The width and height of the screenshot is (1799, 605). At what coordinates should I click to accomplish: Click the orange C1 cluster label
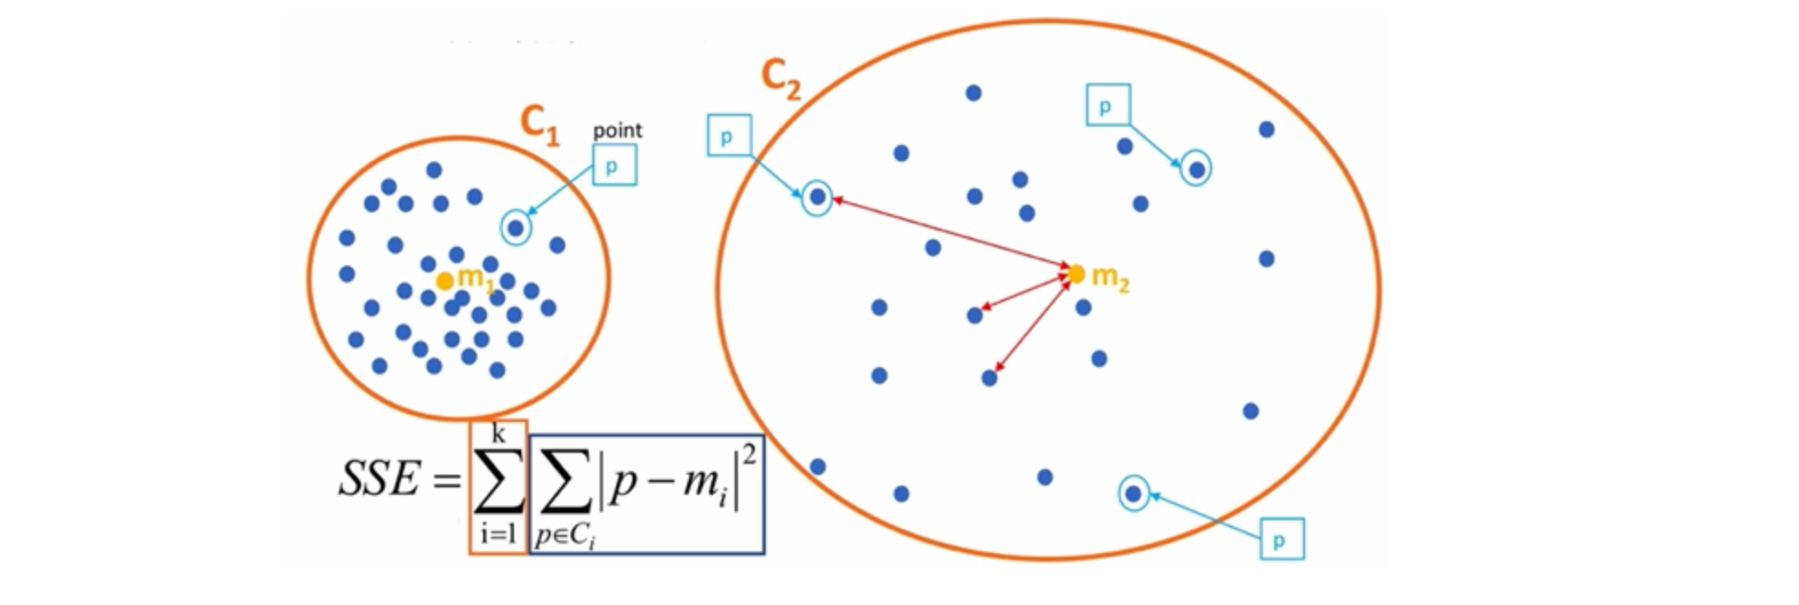point(539,125)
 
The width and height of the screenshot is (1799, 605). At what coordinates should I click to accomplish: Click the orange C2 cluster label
point(781,78)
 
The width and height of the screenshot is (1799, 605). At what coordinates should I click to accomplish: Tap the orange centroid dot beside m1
point(444,282)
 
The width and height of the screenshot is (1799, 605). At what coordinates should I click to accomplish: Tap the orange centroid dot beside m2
point(1076,273)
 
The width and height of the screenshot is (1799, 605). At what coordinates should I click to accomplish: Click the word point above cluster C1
point(617,130)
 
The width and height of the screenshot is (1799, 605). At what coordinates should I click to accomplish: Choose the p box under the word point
point(614,166)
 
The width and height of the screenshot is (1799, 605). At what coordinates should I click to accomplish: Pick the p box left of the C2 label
point(729,136)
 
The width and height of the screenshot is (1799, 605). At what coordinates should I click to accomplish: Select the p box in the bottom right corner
point(1281,539)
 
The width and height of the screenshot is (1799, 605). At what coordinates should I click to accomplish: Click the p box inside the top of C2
point(1108,105)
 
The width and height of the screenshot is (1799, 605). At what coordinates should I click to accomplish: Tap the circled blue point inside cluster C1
point(516,228)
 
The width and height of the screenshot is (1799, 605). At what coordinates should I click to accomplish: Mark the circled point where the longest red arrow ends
point(817,197)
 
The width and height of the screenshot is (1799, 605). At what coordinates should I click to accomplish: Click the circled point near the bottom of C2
point(1134,493)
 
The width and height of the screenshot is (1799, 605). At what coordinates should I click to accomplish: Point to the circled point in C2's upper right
point(1197,169)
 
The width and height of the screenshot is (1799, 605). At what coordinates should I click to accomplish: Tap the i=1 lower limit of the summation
point(499,533)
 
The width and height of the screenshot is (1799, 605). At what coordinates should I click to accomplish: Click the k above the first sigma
point(499,433)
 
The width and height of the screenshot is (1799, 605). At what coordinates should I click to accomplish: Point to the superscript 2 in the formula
point(748,453)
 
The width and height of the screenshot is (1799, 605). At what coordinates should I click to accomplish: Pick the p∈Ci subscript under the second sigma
point(565,536)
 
